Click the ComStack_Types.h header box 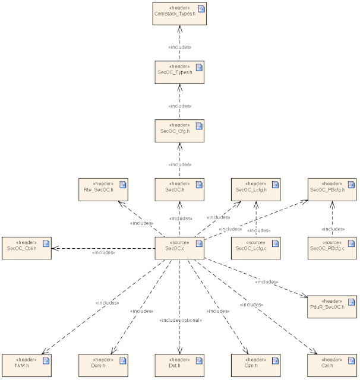coord(179,13)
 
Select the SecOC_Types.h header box coord(179,72)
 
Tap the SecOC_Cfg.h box coord(179,131)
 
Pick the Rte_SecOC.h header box coord(103,189)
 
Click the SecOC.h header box coord(179,189)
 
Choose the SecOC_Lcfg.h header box coord(255,189)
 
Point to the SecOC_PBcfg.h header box coord(331,189)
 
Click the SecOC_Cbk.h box coord(26,248)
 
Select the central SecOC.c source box coord(179,248)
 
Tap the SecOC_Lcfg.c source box coord(255,248)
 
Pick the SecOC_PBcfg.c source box coord(331,248)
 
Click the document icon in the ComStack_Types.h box coord(200,8)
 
